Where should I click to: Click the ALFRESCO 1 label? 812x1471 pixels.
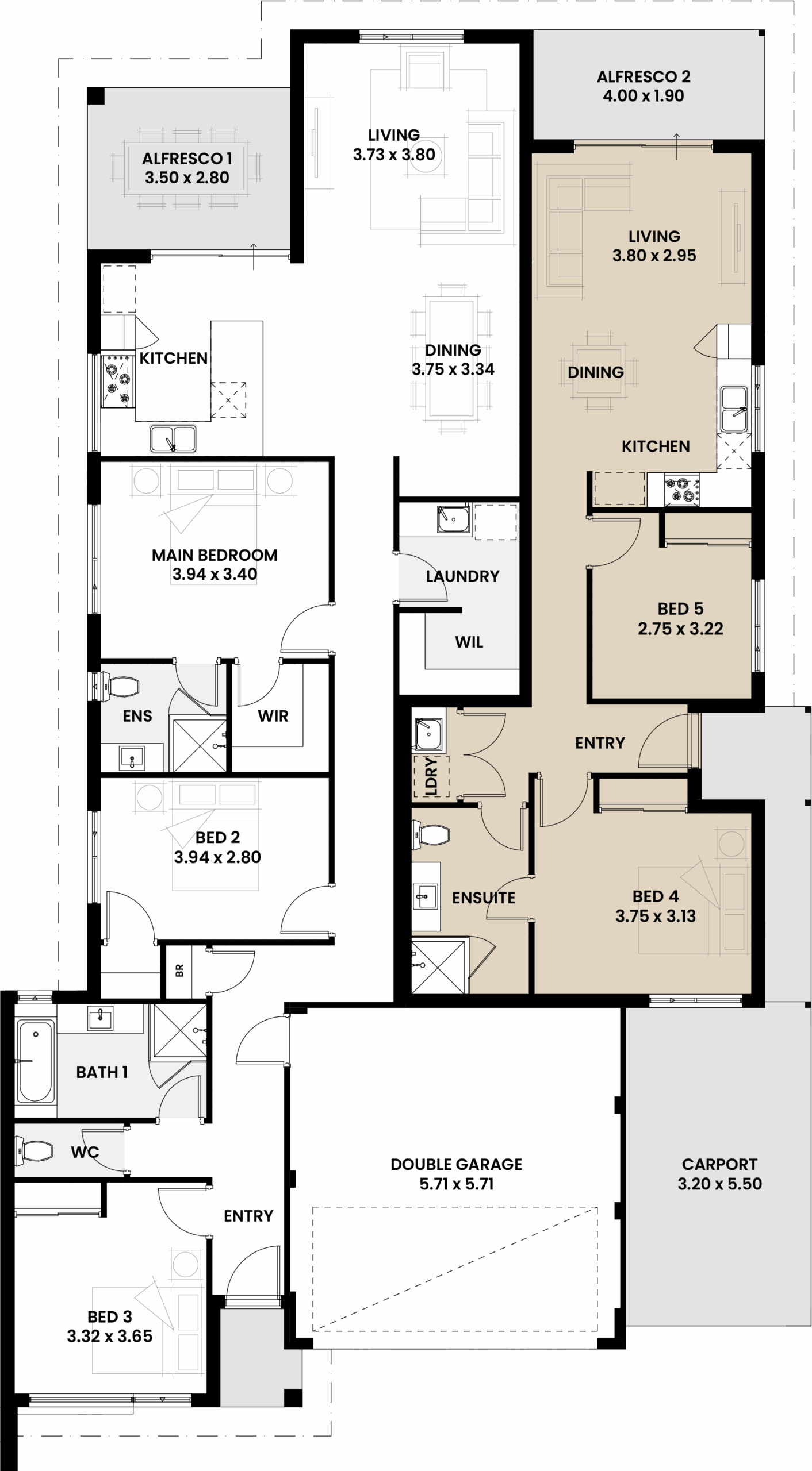[x=183, y=158]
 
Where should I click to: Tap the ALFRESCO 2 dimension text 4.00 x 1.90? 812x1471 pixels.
[x=643, y=96]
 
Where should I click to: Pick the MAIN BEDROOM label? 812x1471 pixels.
[x=215, y=555]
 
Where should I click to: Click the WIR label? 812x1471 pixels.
[x=273, y=716]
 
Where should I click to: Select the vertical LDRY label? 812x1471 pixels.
[x=431, y=776]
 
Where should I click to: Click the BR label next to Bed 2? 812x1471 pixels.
[x=179, y=971]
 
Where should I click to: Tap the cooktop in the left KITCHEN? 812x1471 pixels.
[x=117, y=380]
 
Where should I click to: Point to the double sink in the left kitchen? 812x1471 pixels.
[x=173, y=438]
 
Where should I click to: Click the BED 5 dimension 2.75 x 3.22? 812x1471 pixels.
[x=680, y=629]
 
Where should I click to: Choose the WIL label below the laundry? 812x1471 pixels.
[x=469, y=642]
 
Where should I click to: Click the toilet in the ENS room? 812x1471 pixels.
[x=120, y=687]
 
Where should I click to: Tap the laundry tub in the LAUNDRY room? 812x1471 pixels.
[x=453, y=519]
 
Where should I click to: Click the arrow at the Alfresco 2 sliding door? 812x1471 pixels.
[x=677, y=146]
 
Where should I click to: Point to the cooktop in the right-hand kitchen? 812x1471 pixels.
[x=682, y=490]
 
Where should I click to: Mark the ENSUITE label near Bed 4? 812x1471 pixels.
[x=484, y=898]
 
